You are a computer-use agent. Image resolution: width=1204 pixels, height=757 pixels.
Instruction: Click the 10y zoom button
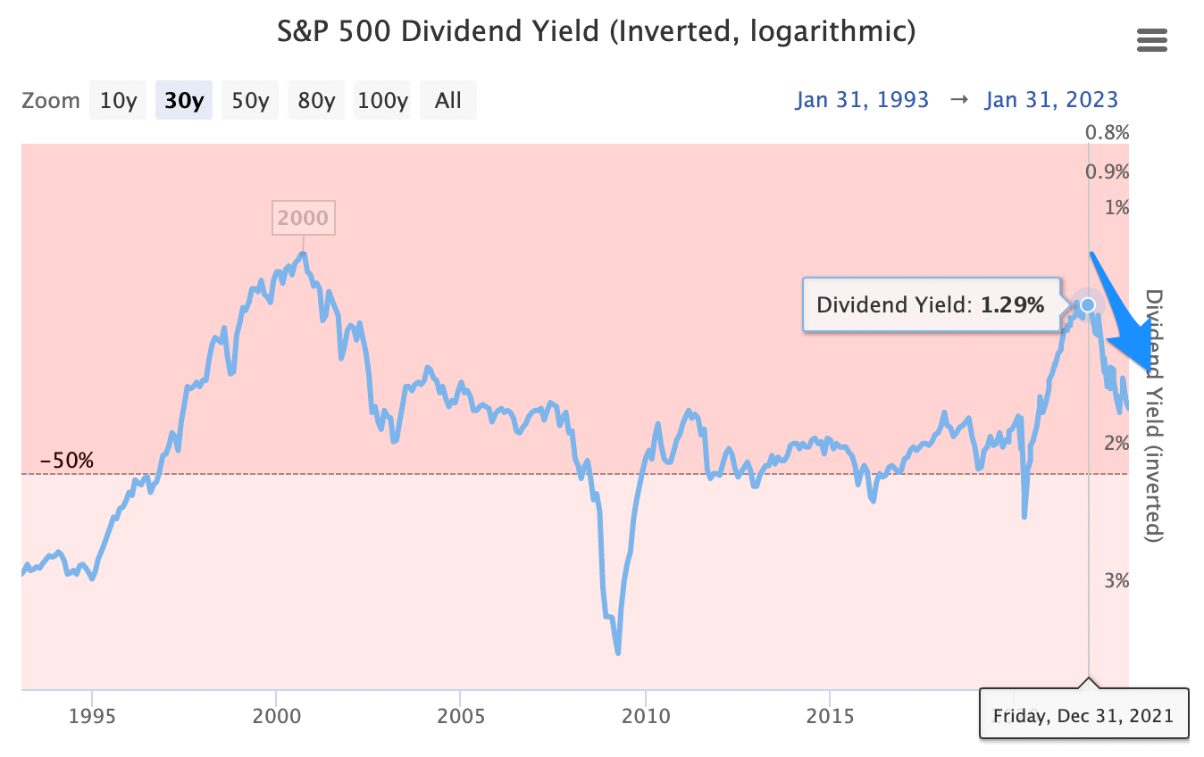tap(117, 100)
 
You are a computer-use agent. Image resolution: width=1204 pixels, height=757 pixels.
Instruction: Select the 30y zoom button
tap(184, 100)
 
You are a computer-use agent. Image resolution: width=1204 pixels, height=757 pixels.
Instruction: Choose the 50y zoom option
tap(250, 100)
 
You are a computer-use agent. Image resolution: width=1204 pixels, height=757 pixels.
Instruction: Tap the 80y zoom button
tap(316, 100)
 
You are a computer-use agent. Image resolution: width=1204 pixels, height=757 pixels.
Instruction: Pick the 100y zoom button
tap(382, 100)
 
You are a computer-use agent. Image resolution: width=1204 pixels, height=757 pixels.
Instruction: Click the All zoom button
tap(448, 100)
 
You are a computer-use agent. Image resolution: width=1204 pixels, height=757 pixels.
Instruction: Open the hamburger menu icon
tap(1152, 40)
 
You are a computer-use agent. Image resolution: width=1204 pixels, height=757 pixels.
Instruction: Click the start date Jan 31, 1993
tap(862, 100)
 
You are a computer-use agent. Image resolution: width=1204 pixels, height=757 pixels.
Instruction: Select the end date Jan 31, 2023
tap(1051, 100)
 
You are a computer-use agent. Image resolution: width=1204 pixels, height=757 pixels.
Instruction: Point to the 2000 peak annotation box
tap(303, 217)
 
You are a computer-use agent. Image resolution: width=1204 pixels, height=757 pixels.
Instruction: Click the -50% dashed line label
tap(67, 461)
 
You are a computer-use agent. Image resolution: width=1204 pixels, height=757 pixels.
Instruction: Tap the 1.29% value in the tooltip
tap(1012, 305)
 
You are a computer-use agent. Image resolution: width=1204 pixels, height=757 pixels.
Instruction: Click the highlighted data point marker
tap(1087, 305)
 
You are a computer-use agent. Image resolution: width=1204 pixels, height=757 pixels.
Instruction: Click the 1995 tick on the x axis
tap(92, 716)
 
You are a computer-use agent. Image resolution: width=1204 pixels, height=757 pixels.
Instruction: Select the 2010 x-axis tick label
tap(645, 716)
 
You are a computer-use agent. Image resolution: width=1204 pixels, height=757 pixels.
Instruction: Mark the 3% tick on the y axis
tap(1111, 580)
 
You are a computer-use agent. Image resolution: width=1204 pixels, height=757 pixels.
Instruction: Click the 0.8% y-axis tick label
tap(1108, 133)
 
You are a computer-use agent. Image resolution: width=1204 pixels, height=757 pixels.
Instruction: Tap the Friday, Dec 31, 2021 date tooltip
tap(1083, 714)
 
